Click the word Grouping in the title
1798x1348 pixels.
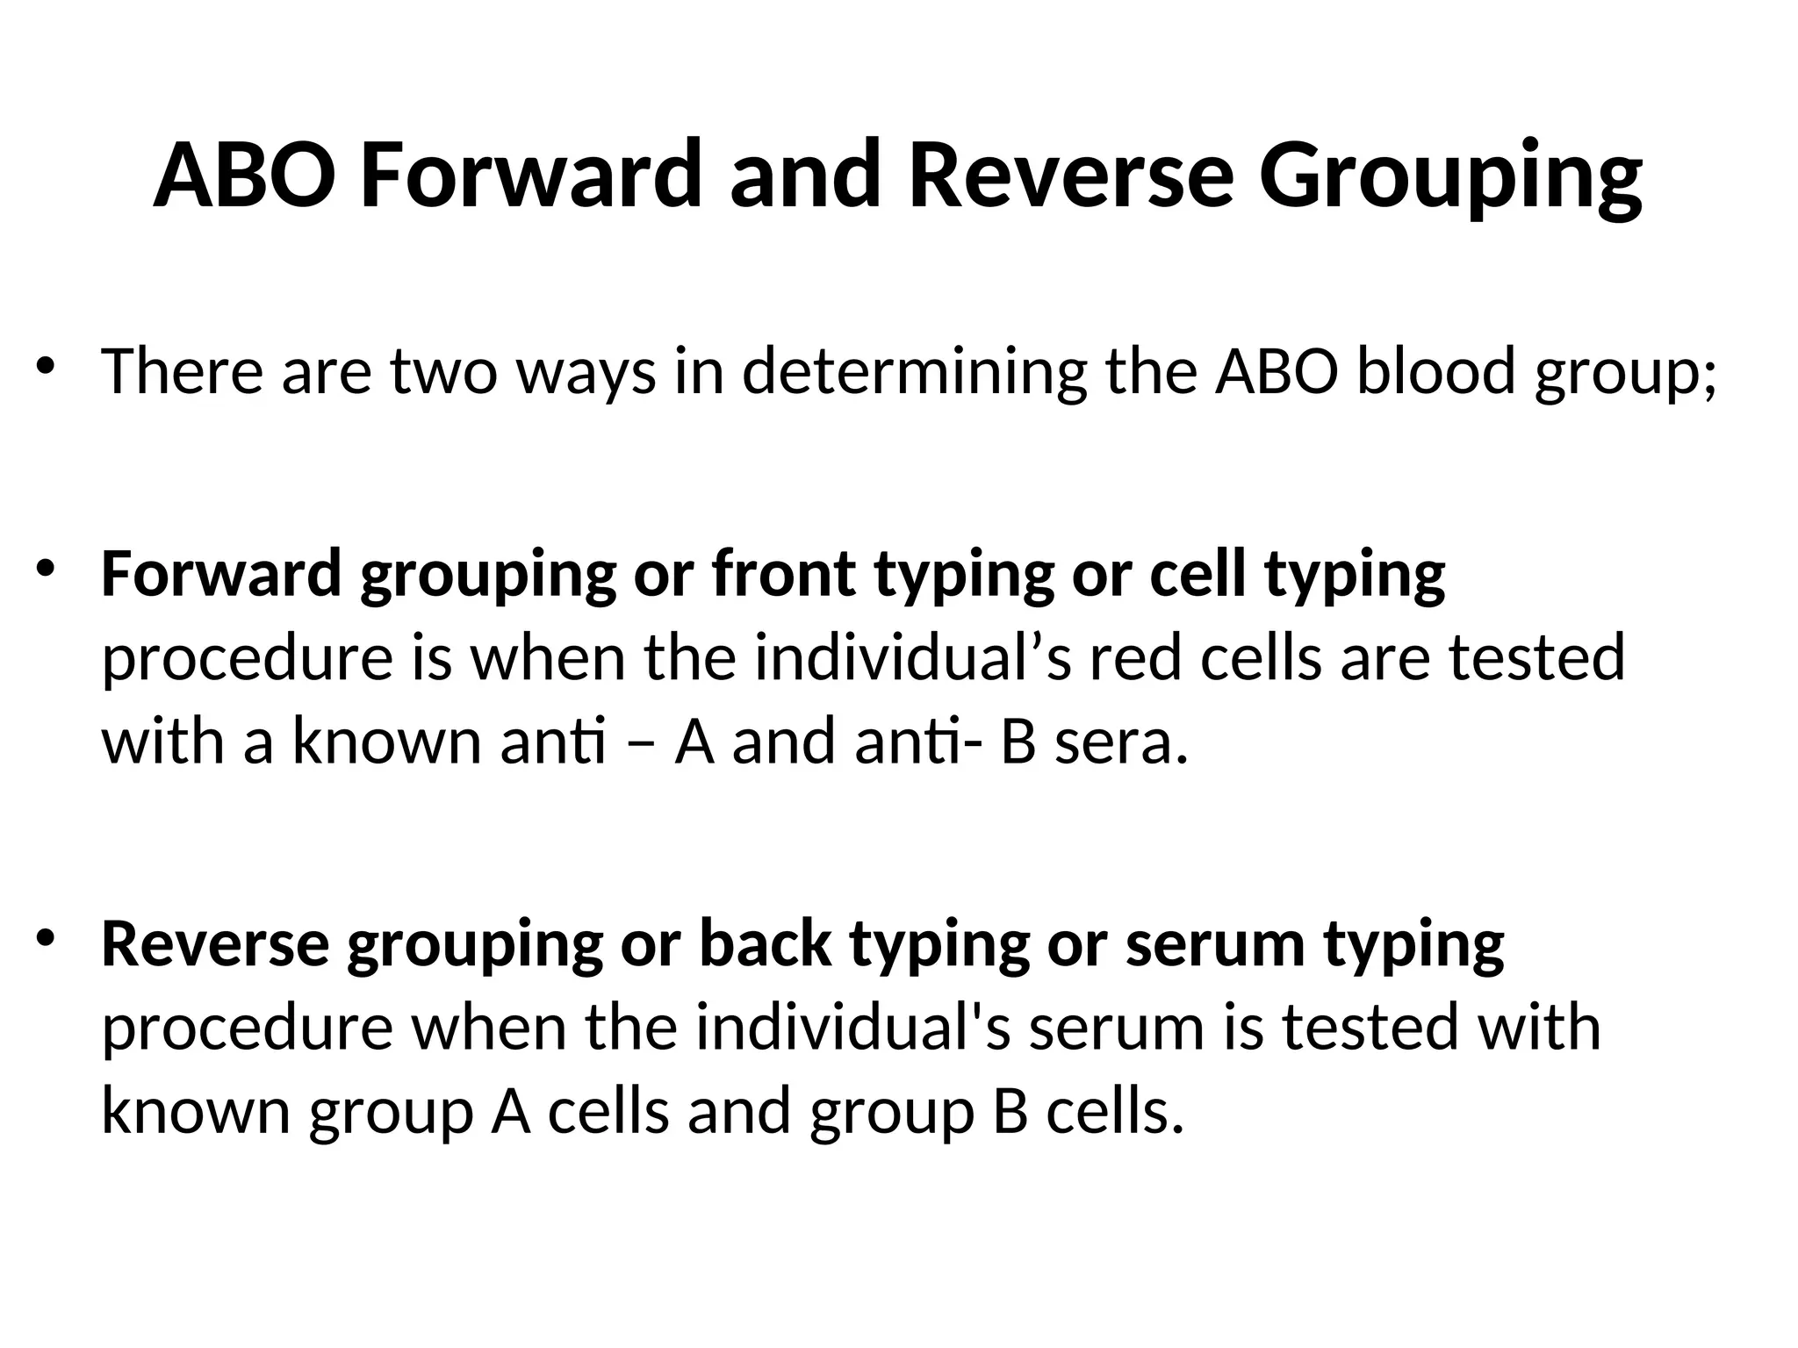pyautogui.click(x=1449, y=176)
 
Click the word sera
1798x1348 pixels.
pyautogui.click(x=1120, y=742)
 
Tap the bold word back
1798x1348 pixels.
pyautogui.click(x=765, y=944)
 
